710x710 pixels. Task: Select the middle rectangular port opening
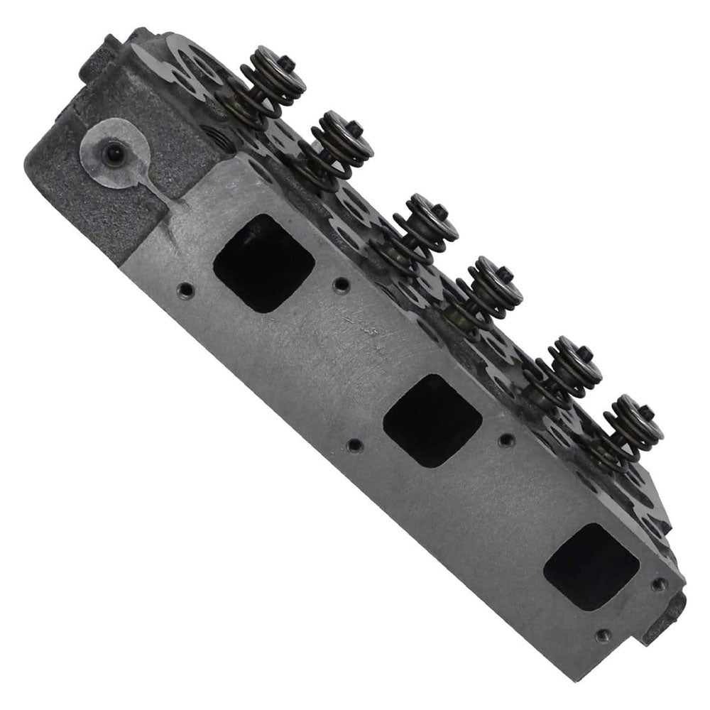pos(432,420)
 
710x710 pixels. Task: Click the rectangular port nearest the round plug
pos(263,263)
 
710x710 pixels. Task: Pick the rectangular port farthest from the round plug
pos(591,566)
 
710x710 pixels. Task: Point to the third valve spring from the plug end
pos(424,226)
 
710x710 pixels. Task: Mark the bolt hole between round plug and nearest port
pos(186,289)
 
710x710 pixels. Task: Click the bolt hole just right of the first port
pos(342,283)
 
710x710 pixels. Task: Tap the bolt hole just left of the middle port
pos(354,446)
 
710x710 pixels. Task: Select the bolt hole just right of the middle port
pos(506,440)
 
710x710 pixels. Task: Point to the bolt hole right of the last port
pos(660,584)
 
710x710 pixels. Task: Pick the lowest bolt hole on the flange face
pos(603,635)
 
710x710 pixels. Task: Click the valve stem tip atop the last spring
pos(646,410)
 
